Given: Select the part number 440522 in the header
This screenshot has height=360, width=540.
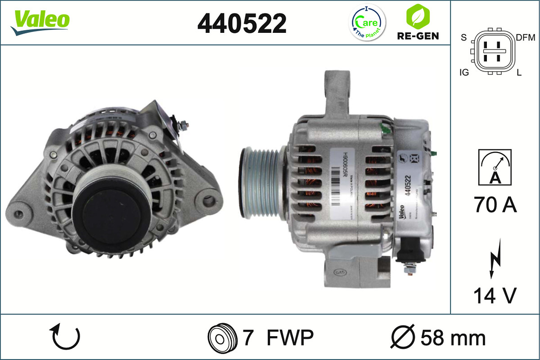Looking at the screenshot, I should point(242,23).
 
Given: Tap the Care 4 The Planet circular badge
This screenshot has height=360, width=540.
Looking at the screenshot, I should point(368,22).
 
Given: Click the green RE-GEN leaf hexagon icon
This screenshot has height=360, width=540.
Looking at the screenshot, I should point(417,16).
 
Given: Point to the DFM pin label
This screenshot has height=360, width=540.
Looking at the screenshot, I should point(525,38).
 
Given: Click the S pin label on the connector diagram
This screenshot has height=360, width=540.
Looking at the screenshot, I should point(463,38).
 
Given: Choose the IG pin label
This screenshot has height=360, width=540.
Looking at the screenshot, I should point(464,72).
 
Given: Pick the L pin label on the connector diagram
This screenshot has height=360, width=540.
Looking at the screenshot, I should point(519,72).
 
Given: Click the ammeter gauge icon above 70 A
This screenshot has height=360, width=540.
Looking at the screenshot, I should point(495,167).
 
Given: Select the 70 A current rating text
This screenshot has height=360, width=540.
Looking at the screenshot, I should point(495,205).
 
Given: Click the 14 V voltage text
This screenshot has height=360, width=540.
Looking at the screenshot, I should point(495,296).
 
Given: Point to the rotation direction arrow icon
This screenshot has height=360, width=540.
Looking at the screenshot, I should point(66,337).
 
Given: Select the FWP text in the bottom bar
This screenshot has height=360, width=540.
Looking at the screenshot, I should point(290,337).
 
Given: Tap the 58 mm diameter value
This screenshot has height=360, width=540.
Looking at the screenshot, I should point(453,337).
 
